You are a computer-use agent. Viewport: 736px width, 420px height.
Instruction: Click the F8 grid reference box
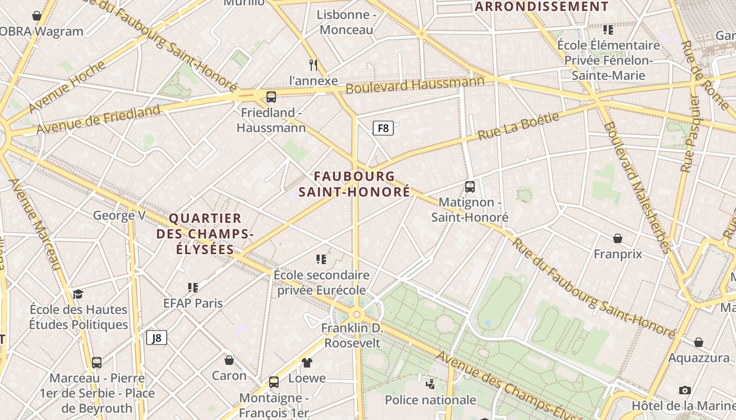click(x=383, y=128)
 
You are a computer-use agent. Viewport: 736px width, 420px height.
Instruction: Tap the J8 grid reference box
click(x=157, y=338)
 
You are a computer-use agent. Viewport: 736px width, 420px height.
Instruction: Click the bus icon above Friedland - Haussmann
click(x=271, y=97)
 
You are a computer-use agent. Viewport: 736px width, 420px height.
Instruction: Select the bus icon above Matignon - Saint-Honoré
click(x=470, y=186)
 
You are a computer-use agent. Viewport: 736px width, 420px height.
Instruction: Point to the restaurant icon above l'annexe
click(x=313, y=65)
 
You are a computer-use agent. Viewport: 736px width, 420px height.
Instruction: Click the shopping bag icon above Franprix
click(x=618, y=238)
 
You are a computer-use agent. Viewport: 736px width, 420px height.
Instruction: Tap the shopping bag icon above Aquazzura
click(x=699, y=342)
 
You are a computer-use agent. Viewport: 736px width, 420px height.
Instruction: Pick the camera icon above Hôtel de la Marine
click(x=684, y=390)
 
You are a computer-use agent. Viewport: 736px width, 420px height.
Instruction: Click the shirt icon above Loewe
click(x=307, y=362)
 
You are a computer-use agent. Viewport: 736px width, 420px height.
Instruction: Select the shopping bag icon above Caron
click(x=229, y=360)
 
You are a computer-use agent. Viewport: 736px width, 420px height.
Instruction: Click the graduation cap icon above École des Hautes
click(x=78, y=294)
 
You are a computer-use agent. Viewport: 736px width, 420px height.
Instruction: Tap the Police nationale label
click(x=430, y=400)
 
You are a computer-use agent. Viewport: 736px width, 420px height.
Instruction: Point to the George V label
click(x=119, y=215)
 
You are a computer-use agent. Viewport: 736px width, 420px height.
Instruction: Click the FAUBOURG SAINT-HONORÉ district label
click(x=354, y=184)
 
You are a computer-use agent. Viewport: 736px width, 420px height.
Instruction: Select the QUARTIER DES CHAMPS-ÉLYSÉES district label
click(x=205, y=234)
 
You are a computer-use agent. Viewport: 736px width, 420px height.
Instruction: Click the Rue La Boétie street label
click(x=518, y=127)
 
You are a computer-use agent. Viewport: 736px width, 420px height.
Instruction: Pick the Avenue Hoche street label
click(x=67, y=87)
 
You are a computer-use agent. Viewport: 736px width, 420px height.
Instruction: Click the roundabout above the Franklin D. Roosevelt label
click(x=357, y=314)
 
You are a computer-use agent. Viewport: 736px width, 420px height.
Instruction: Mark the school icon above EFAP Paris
click(x=193, y=287)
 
